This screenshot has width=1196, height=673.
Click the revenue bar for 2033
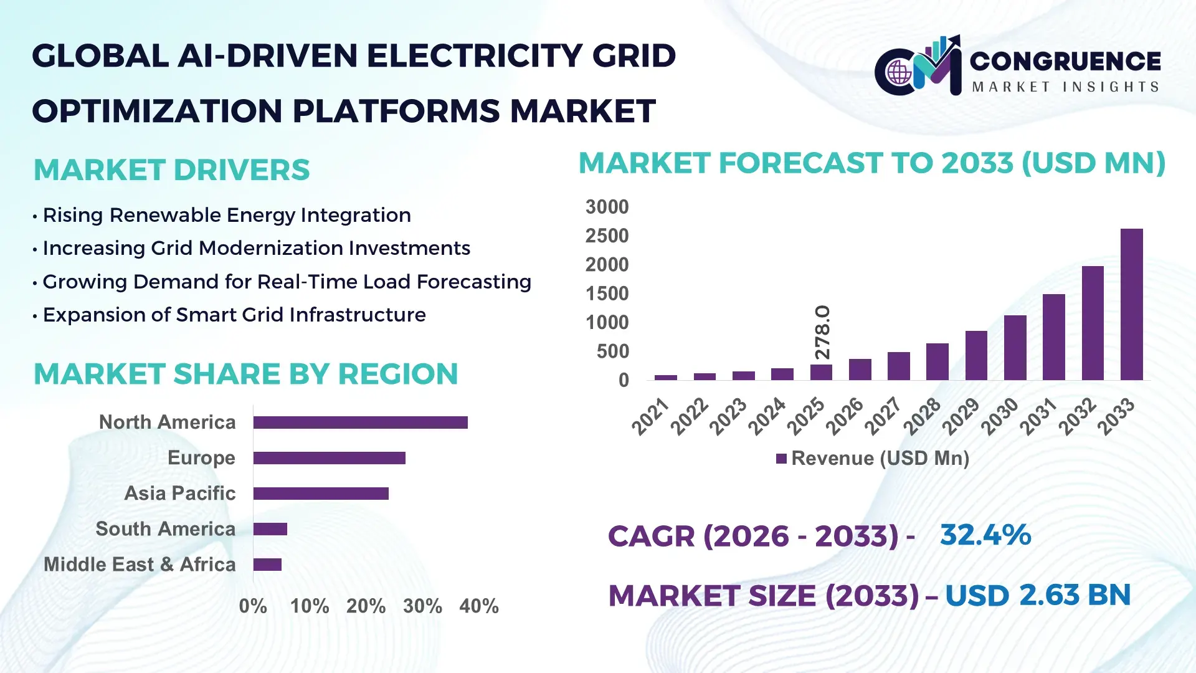pyautogui.click(x=1131, y=305)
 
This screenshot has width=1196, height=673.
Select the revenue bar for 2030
pyautogui.click(x=1015, y=348)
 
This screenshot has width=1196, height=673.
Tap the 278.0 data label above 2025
pyautogui.click(x=822, y=332)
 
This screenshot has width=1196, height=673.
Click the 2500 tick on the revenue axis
pyautogui.click(x=607, y=236)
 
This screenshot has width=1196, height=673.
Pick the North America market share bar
pyautogui.click(x=360, y=422)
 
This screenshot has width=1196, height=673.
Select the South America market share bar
pyautogui.click(x=270, y=529)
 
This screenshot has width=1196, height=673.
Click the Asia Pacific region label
pyautogui.click(x=179, y=494)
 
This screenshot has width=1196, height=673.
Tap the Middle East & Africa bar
pyautogui.click(x=267, y=565)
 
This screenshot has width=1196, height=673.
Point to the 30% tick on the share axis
pyautogui.click(x=422, y=606)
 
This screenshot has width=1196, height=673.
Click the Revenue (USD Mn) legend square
pyautogui.click(x=781, y=459)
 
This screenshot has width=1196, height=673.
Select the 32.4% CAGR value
pyautogui.click(x=985, y=535)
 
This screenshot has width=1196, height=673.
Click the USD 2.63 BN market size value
pyautogui.click(x=1038, y=595)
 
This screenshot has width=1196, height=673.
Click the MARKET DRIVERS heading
pyautogui.click(x=171, y=170)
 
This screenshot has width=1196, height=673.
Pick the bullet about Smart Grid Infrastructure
pyautogui.click(x=234, y=315)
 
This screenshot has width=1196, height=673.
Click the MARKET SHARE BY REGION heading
pyautogui.click(x=245, y=375)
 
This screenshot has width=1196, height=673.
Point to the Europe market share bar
pyautogui.click(x=329, y=458)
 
